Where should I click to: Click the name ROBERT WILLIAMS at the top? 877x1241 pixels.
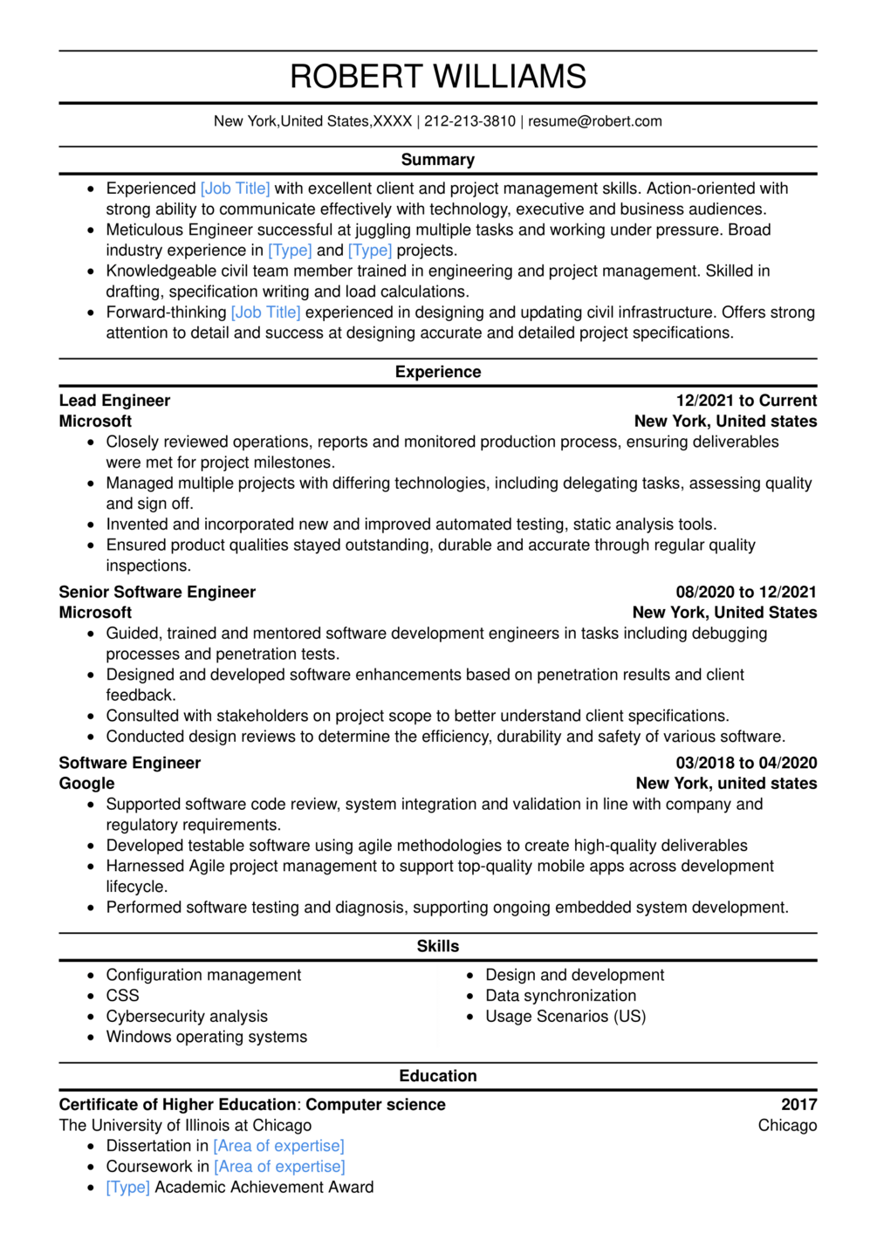(438, 77)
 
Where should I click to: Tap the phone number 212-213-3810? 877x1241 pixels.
(469, 121)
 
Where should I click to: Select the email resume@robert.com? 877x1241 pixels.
(594, 121)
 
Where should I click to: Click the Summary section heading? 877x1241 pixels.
(438, 160)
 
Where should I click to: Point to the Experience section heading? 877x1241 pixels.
(438, 372)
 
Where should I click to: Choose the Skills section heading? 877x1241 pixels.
(438, 946)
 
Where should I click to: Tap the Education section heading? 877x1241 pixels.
(438, 1076)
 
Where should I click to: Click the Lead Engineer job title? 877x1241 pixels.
(114, 401)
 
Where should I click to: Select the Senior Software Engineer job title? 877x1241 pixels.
(157, 592)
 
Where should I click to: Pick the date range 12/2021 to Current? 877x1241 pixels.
(746, 401)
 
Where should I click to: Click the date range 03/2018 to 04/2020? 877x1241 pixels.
(746, 763)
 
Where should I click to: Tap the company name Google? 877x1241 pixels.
(86, 784)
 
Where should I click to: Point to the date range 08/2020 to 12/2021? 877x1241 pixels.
(746, 592)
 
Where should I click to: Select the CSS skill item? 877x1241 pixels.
(122, 996)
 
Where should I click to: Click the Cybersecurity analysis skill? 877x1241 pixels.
(187, 1017)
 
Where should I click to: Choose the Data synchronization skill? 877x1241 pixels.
(560, 996)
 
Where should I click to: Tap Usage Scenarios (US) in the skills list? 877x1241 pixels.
(565, 1017)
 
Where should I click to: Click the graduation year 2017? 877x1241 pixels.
(798, 1105)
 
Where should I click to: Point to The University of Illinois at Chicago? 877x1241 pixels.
(185, 1126)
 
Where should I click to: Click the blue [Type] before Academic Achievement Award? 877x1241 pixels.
(128, 1188)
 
